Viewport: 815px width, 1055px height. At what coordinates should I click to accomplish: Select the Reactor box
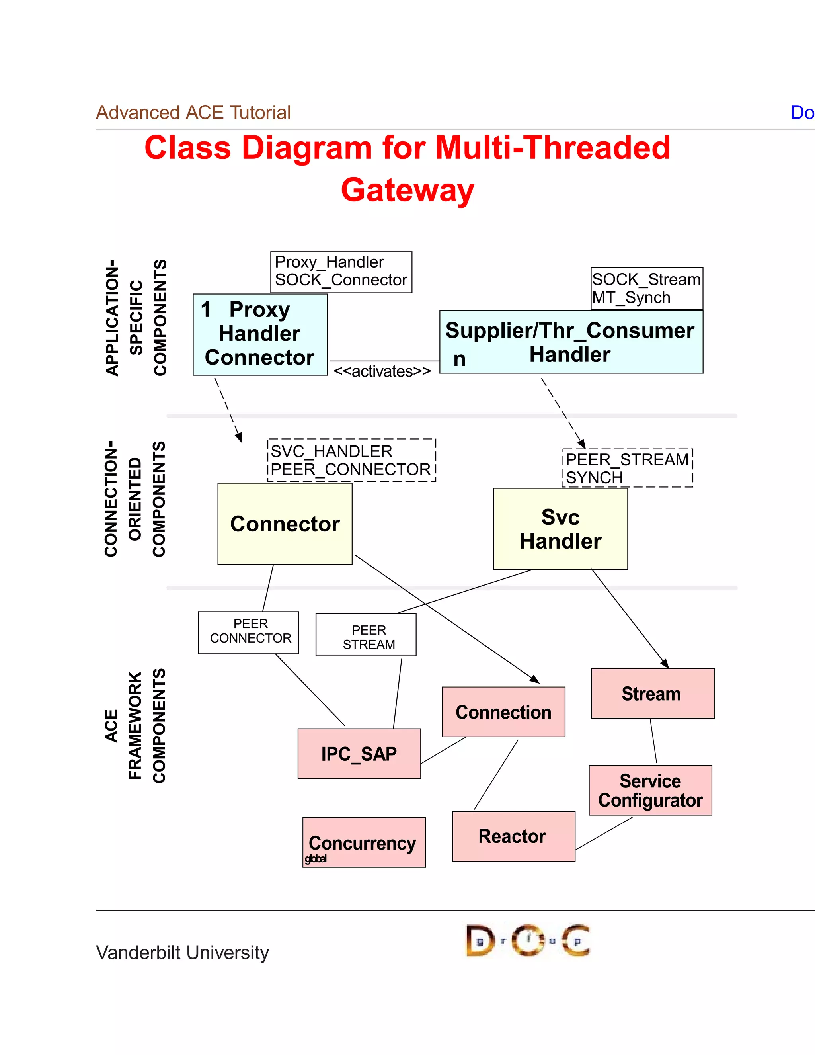tap(513, 836)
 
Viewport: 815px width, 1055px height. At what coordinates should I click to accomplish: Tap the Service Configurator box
tap(650, 790)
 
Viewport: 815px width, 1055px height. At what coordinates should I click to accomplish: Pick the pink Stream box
tap(652, 694)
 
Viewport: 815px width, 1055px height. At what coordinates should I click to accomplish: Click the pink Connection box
tap(503, 712)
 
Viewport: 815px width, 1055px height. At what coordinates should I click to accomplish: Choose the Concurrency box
tap(364, 842)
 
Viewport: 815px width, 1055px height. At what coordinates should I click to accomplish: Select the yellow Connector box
tap(285, 524)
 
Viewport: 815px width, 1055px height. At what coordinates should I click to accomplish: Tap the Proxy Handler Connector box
tap(260, 334)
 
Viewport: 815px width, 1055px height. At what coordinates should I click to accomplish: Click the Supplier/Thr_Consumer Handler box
tap(571, 342)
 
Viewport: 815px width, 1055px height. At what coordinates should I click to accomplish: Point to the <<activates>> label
tap(382, 371)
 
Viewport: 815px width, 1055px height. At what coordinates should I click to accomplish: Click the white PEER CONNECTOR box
tap(248, 632)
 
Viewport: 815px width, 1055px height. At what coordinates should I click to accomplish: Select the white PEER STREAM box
tap(366, 635)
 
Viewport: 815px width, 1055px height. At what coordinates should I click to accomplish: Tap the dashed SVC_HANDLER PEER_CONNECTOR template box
tap(351, 460)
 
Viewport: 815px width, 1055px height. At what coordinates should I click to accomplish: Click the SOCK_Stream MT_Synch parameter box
tap(647, 288)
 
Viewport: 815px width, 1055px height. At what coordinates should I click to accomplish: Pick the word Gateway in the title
tap(407, 190)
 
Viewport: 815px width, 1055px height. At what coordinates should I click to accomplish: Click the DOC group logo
tap(528, 940)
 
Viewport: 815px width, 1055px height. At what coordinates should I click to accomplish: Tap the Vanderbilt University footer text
tap(183, 952)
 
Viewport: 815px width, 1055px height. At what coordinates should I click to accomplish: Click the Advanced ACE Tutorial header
tap(193, 113)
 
